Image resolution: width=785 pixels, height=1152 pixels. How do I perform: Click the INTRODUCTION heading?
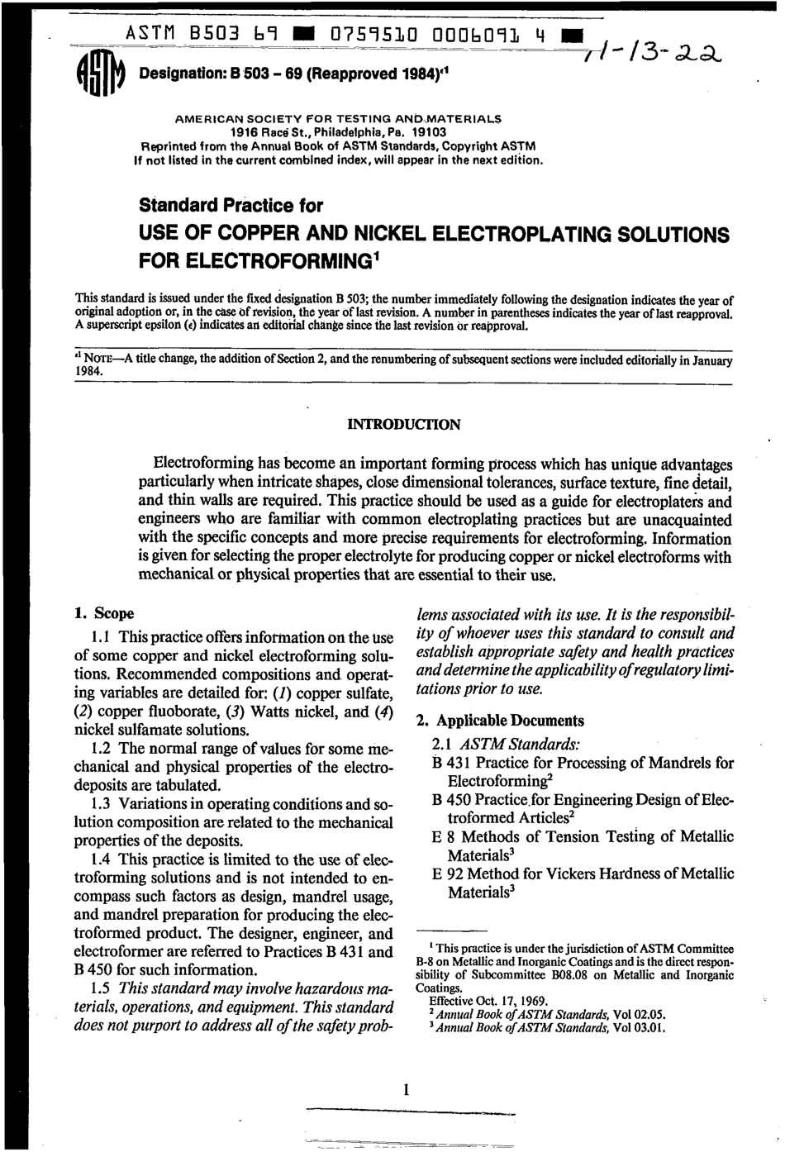point(403,425)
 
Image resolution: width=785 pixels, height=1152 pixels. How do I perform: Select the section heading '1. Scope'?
point(104,614)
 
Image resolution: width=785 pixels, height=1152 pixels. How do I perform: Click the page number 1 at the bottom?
point(406,1090)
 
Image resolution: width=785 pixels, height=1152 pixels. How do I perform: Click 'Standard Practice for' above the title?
point(231,205)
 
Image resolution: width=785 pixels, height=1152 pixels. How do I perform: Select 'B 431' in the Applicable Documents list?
point(452,763)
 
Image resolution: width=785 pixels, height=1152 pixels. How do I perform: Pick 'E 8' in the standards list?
point(445,836)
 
